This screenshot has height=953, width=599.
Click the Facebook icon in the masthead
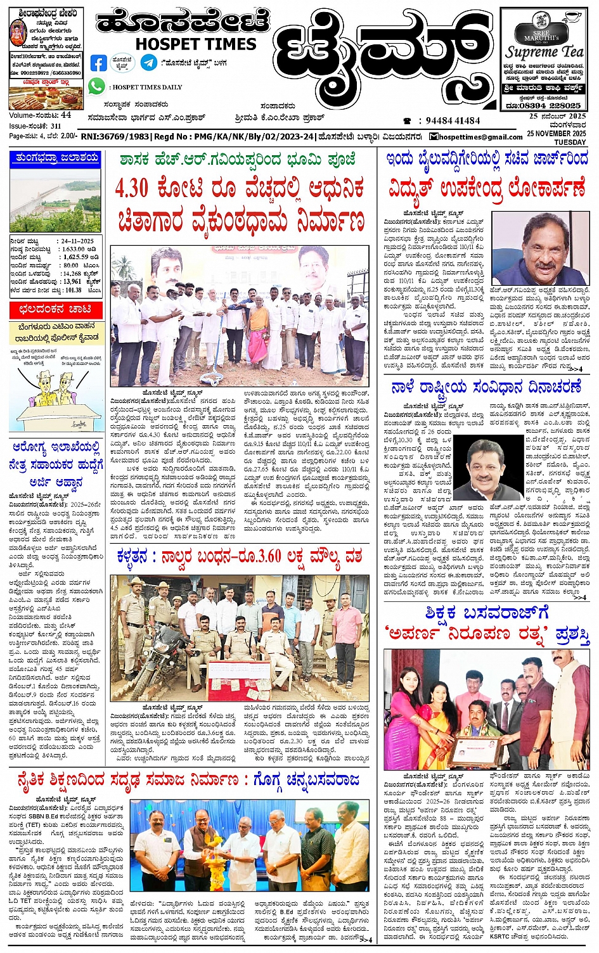(x=98, y=63)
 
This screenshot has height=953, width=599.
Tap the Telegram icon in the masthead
(x=149, y=62)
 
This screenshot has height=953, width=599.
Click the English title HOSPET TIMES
(x=196, y=44)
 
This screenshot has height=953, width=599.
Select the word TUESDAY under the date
(x=570, y=142)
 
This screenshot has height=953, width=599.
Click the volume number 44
(x=67, y=115)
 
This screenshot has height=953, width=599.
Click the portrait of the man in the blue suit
(x=540, y=249)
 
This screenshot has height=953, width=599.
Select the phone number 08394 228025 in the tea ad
(x=551, y=105)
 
